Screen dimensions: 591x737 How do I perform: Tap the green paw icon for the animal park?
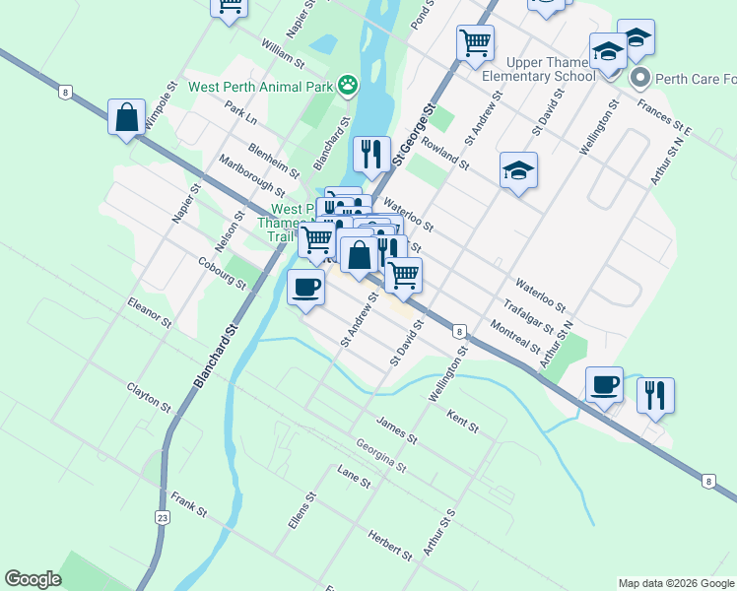pyautogui.click(x=348, y=86)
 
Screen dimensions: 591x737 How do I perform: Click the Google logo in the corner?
pyautogui.click(x=33, y=579)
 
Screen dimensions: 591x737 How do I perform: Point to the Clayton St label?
pyautogui.click(x=149, y=397)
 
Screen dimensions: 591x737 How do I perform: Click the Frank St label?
pyautogui.click(x=188, y=505)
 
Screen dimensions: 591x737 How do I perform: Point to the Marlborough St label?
pyautogui.click(x=251, y=174)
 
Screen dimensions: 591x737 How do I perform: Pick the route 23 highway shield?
pyautogui.click(x=163, y=517)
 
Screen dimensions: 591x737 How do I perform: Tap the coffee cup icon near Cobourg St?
pyautogui.click(x=305, y=288)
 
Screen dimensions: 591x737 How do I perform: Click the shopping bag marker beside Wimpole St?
pyautogui.click(x=127, y=118)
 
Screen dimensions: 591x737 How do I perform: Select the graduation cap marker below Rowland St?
pyautogui.click(x=518, y=171)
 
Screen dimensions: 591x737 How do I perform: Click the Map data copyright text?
pyautogui.click(x=676, y=583)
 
